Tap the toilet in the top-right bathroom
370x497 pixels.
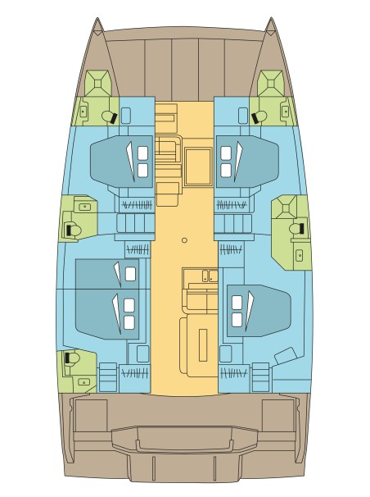(x=259, y=116)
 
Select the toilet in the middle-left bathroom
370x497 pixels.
(x=71, y=228)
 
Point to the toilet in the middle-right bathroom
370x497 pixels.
(x=298, y=227)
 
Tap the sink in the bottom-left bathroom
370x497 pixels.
(x=83, y=381)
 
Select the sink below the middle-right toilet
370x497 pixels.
(x=299, y=255)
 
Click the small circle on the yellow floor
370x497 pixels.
(x=185, y=240)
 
